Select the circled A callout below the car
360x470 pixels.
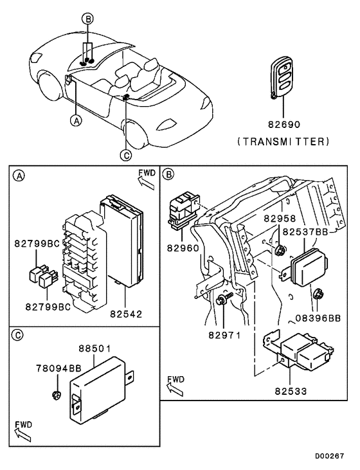tap(76, 120)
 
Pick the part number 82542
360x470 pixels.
tap(127, 314)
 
